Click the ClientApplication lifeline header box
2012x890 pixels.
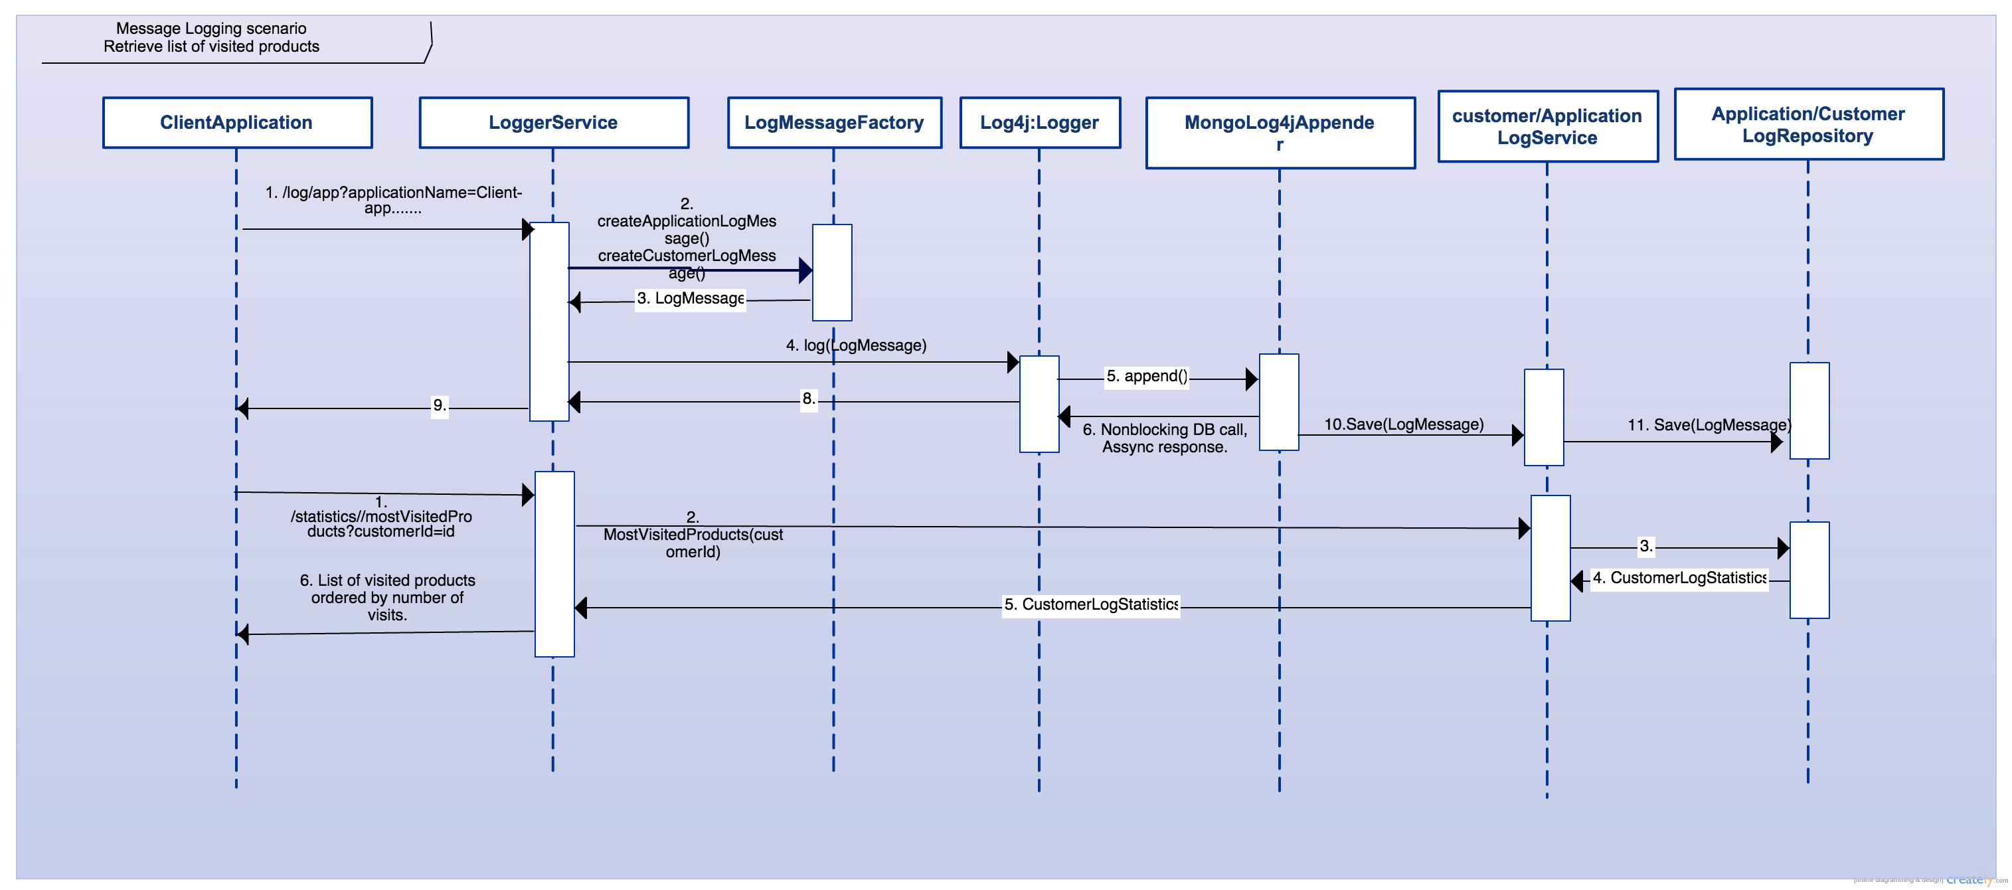coord(236,123)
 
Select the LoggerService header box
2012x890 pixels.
coord(553,123)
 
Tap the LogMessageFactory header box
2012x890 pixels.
coord(834,123)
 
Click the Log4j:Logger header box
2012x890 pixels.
coord(1040,123)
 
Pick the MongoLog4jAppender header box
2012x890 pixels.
coord(1280,132)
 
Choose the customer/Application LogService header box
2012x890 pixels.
coord(1547,127)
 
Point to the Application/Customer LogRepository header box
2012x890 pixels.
coord(1808,124)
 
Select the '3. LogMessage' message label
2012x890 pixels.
coord(690,298)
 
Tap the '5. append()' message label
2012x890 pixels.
coord(1147,376)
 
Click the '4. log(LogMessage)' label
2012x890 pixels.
coord(856,345)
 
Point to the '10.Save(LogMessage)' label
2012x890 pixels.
coord(1404,424)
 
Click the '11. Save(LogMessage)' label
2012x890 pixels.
coord(1708,425)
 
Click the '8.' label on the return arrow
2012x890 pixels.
coord(808,399)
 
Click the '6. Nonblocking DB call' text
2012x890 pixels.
coord(1164,430)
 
